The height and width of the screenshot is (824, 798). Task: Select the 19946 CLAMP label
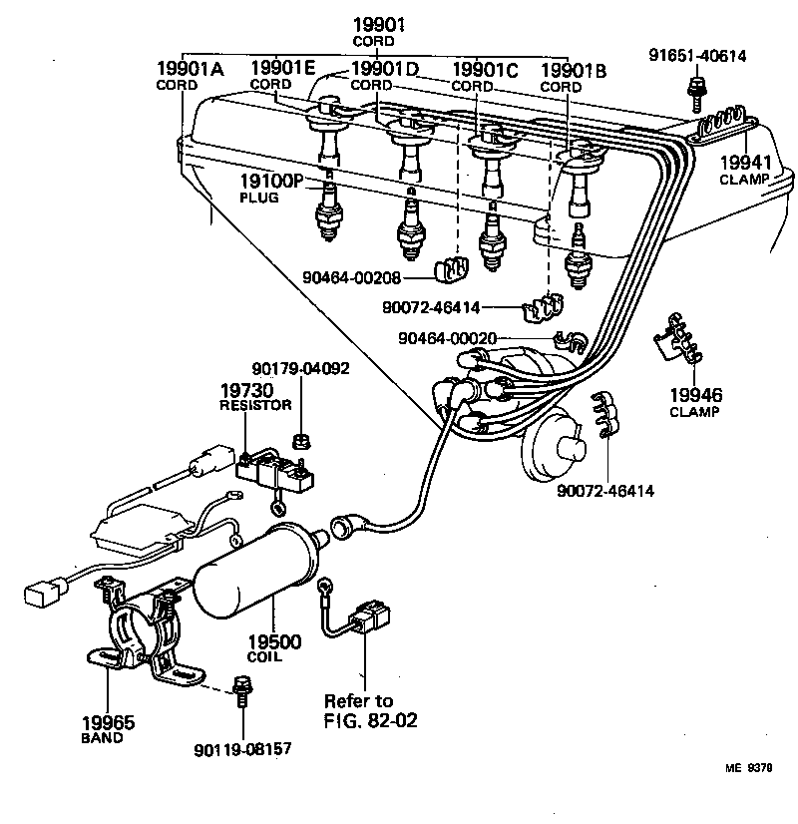point(695,402)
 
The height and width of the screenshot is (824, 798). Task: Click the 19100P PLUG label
point(269,187)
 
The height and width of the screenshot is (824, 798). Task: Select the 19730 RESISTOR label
point(255,396)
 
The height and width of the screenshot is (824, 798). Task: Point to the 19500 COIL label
point(273,648)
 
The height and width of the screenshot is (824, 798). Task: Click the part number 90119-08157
point(242,748)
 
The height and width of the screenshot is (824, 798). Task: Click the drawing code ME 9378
point(749,769)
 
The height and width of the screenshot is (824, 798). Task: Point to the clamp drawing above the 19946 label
point(676,340)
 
